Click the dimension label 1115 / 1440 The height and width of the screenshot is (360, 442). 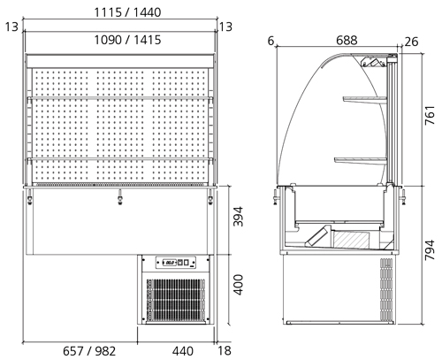pos(127,12)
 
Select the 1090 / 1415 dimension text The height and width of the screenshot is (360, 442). pos(127,40)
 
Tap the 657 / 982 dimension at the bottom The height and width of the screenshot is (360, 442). pos(89,351)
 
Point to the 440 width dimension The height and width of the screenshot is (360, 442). pos(183,351)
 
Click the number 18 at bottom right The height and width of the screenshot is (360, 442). pos(225,351)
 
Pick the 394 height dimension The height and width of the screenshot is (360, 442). pos(238,217)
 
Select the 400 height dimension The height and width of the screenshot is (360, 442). pos(238,285)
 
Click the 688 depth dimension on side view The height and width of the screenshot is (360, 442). pos(347,41)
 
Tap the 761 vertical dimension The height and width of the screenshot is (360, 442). pos(430,115)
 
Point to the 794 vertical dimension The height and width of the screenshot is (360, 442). pos(430,250)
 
